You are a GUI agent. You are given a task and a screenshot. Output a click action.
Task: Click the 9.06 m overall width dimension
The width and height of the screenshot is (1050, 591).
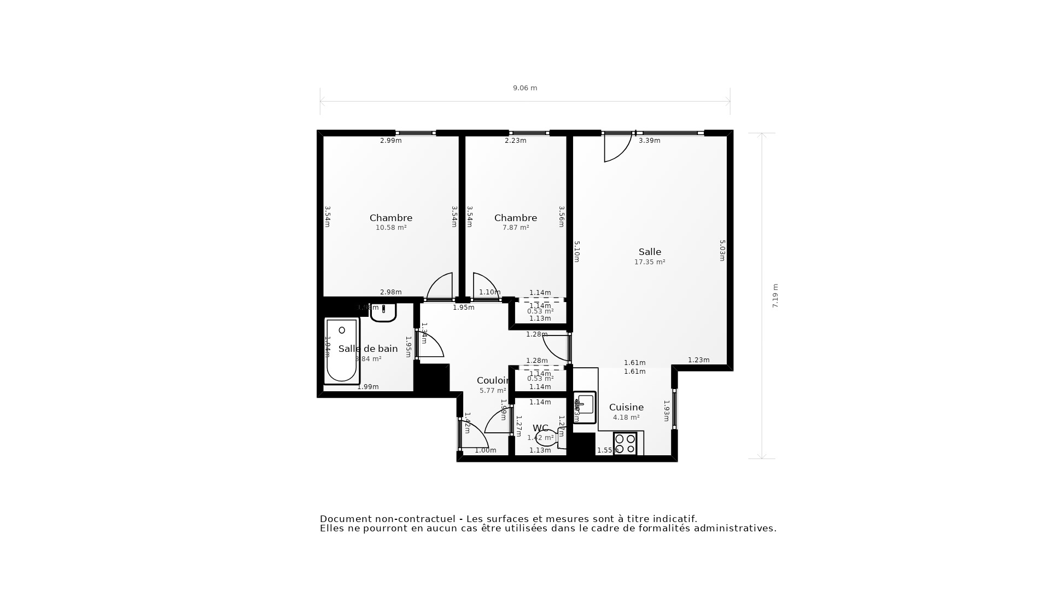point(524,88)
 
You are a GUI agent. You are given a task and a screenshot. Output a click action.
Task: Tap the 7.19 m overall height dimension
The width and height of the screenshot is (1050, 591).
point(775,296)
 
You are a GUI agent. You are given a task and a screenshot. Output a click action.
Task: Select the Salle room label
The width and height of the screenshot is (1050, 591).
point(650,252)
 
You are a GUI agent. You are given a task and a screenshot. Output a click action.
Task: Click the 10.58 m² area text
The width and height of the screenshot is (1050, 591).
point(390,228)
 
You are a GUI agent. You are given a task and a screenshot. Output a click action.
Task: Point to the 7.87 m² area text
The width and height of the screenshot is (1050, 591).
point(515,228)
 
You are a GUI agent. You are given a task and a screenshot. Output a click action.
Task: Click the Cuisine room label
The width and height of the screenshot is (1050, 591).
point(626,407)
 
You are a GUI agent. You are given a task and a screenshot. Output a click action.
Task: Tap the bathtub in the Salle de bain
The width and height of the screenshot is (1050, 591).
point(341,350)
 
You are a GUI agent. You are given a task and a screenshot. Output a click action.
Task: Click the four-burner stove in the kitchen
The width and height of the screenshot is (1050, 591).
point(625,443)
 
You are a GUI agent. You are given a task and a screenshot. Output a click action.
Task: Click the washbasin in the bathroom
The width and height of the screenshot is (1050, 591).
point(383,313)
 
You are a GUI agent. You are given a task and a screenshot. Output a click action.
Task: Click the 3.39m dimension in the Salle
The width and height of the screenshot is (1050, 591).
point(649,141)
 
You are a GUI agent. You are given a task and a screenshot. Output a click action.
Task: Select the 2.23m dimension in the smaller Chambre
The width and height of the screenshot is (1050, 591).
point(515,141)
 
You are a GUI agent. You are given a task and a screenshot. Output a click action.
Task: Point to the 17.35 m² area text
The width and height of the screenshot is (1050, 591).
point(649,262)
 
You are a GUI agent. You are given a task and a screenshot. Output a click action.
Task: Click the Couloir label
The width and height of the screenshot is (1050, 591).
point(493,381)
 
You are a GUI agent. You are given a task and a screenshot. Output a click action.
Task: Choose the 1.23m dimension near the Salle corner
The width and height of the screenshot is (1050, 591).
point(698,360)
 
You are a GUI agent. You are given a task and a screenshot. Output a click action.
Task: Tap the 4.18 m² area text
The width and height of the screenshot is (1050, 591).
point(626,418)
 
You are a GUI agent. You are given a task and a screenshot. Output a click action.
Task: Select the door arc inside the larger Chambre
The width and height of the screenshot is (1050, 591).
point(440,286)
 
